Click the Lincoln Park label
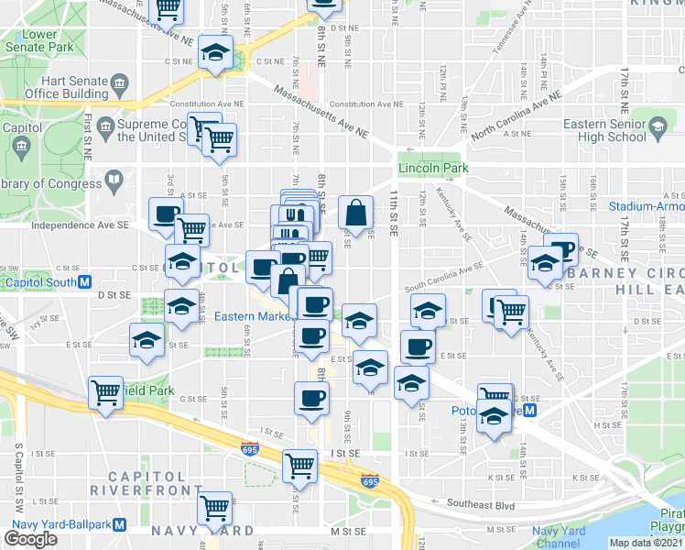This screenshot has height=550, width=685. [x=433, y=168]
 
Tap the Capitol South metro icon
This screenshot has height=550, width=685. [x=83, y=282]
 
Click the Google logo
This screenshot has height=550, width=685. [x=30, y=539]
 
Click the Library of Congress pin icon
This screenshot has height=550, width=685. [x=114, y=179]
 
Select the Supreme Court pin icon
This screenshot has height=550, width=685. [x=107, y=124]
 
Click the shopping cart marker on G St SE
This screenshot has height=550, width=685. [x=106, y=391]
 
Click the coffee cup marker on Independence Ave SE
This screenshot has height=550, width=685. [x=167, y=213]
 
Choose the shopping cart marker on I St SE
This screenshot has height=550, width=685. [x=299, y=465]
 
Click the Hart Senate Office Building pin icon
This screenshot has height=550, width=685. [x=120, y=87]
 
